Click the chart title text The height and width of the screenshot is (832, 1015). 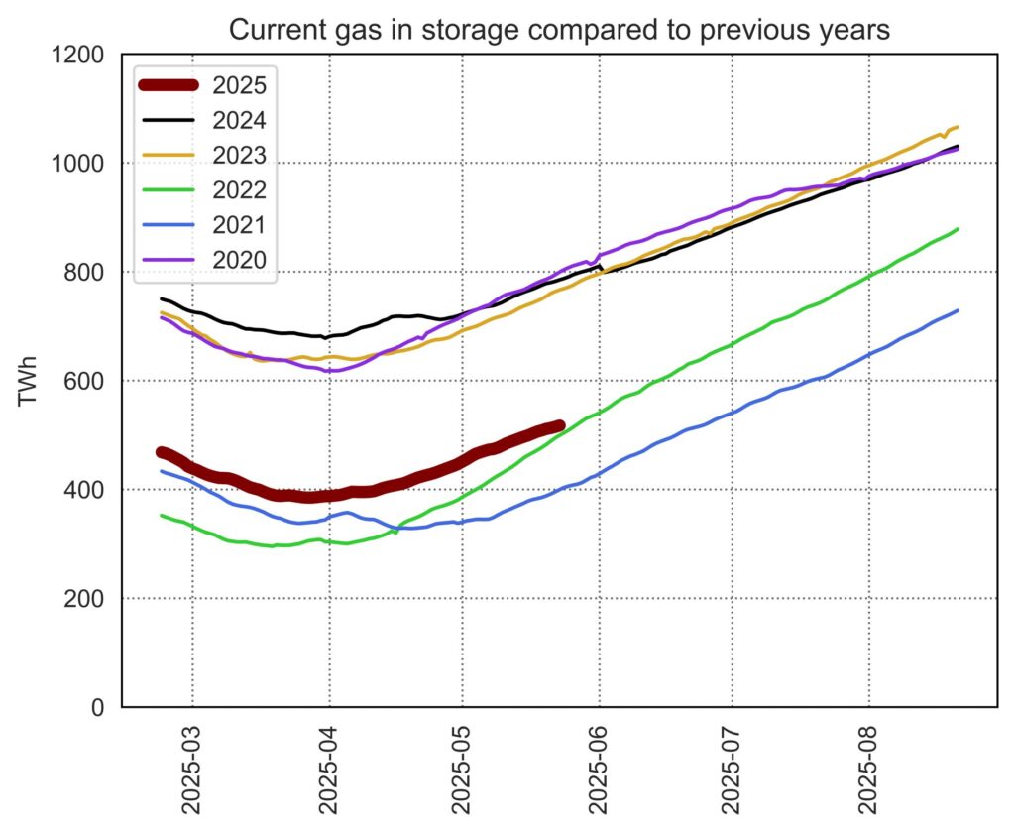[x=559, y=30]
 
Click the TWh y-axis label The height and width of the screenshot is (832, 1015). [x=29, y=381]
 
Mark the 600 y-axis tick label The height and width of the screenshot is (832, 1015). [x=84, y=382]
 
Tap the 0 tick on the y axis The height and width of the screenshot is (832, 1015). [x=98, y=708]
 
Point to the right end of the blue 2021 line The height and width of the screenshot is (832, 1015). [x=958, y=310]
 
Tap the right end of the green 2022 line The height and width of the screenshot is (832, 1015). [x=958, y=229]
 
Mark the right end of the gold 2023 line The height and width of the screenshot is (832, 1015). [x=958, y=127]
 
